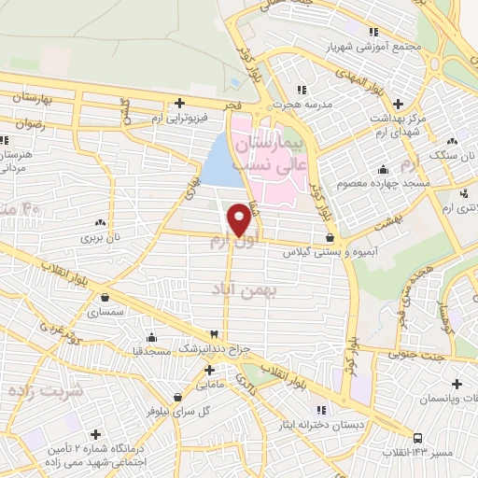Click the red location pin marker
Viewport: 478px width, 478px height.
coord(240,218)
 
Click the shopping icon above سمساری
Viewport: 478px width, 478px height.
coord(105,299)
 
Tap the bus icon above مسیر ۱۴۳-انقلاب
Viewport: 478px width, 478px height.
coord(416,437)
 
